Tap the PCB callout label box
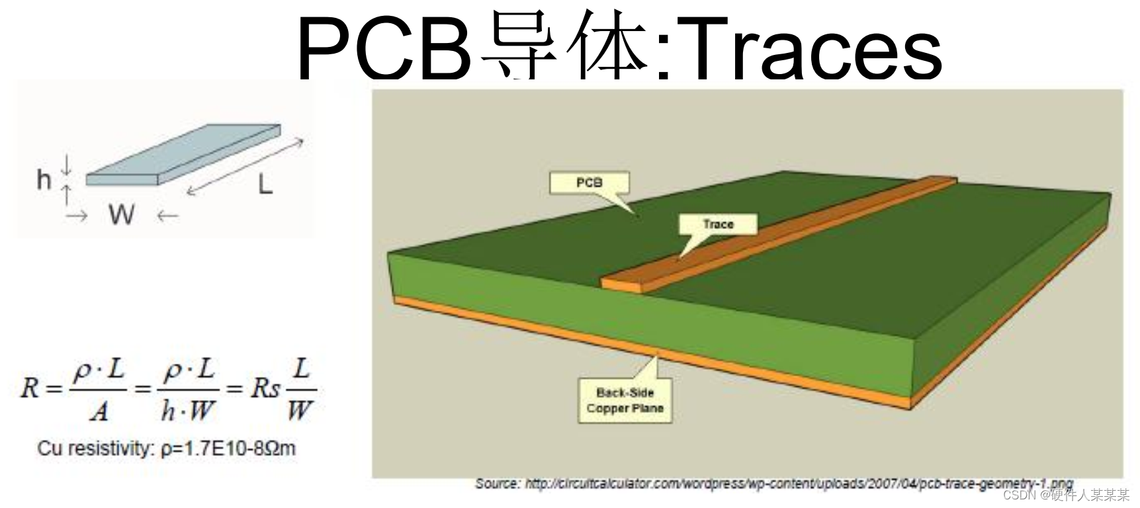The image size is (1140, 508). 589,183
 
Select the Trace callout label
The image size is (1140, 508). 718,224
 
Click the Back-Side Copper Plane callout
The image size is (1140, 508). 625,400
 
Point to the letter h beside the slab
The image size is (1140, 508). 44,179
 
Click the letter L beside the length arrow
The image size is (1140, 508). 265,185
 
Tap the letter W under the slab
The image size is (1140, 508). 122,214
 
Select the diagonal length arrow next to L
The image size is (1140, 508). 245,167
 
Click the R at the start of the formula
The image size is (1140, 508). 30,388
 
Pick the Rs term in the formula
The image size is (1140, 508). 265,388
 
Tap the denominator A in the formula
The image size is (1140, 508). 99,411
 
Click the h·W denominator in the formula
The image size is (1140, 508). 188,411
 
